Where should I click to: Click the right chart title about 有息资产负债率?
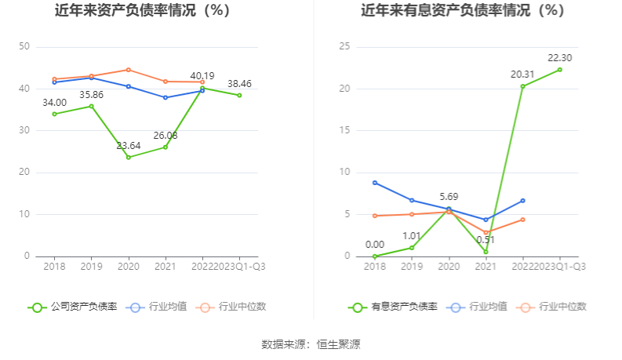[463, 11]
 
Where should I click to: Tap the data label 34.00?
[54, 103]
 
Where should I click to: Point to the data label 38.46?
[239, 84]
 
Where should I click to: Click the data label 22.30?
[559, 58]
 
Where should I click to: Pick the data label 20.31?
[522, 75]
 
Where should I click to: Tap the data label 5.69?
[449, 197]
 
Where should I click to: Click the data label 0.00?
[375, 244]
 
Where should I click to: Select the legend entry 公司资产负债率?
[74, 307]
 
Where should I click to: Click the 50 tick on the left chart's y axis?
[24, 47]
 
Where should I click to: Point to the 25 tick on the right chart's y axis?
[344, 47]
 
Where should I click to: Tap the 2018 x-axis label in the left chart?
[54, 266]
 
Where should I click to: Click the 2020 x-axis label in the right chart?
[449, 266]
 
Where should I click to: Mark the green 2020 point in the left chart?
[129, 157]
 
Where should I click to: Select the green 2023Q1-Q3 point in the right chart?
[559, 69]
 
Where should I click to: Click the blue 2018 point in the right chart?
[375, 183]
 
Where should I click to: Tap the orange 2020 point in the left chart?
[129, 70]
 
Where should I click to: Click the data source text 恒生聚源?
[338, 344]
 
